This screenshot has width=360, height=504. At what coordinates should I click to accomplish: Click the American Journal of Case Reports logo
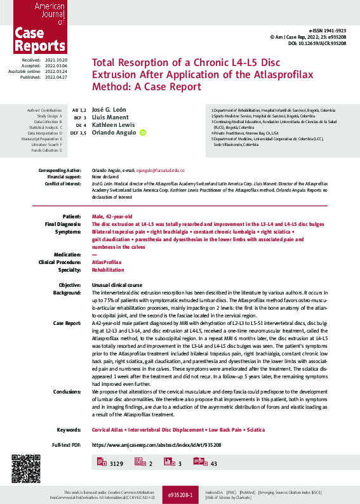point(35,27)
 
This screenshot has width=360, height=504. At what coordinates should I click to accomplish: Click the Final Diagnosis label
point(62,224)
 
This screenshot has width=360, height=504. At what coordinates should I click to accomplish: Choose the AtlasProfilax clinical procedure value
point(106,262)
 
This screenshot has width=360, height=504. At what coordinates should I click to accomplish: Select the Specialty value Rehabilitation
point(109,269)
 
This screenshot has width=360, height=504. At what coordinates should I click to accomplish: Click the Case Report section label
point(67,323)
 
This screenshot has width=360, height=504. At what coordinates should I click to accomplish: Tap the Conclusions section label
point(67,392)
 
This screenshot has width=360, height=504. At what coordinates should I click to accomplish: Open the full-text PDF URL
point(156,446)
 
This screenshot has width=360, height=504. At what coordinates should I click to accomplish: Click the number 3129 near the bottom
point(116,465)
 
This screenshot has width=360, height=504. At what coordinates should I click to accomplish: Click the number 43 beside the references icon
point(213,465)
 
